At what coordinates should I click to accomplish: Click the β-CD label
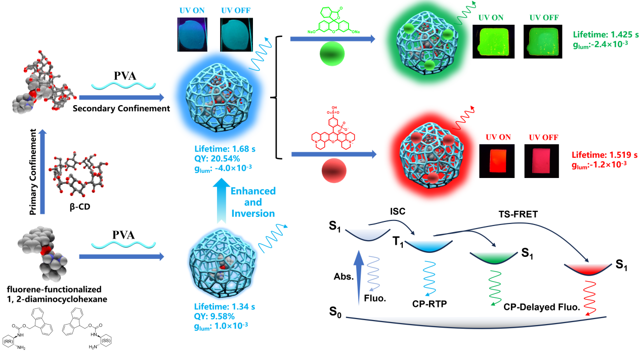(x=80, y=206)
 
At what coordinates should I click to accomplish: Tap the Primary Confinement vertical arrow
(x=42, y=172)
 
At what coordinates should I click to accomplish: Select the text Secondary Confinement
(x=121, y=109)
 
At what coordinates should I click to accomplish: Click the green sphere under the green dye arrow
(x=332, y=54)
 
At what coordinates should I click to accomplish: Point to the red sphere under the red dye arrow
(x=334, y=171)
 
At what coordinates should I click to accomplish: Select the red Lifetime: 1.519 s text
(x=605, y=155)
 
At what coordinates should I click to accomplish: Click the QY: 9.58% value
(x=215, y=317)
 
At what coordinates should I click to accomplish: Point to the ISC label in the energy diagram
(x=398, y=211)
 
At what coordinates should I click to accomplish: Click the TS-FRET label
(x=518, y=214)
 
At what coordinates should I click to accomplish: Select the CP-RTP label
(x=430, y=304)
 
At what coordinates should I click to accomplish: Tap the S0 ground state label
(x=335, y=311)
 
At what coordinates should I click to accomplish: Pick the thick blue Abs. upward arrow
(x=359, y=278)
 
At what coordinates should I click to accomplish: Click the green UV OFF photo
(x=543, y=41)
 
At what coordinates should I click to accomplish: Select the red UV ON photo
(x=497, y=161)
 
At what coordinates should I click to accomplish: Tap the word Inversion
(x=253, y=214)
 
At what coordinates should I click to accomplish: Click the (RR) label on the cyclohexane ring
(x=9, y=342)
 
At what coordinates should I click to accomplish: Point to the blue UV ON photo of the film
(x=192, y=35)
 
